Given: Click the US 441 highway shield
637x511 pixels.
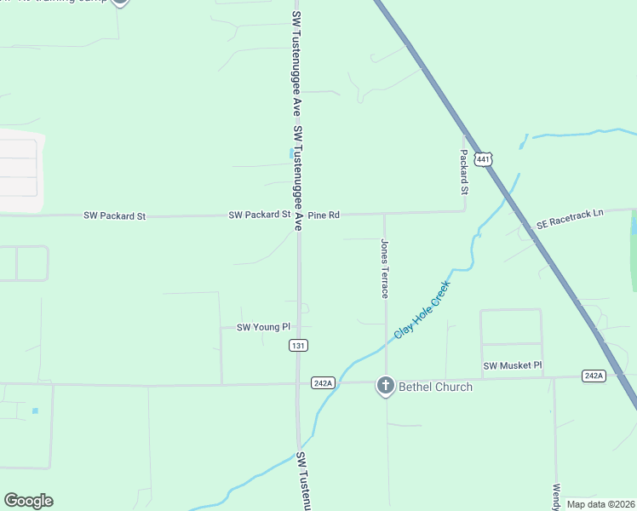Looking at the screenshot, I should coord(484,159).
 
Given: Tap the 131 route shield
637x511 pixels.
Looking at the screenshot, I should coord(298,345).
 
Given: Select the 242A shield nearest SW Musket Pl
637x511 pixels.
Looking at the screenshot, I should coord(594,376).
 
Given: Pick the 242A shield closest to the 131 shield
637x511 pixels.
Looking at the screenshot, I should coord(323,382).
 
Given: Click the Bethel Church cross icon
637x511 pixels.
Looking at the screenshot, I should coord(385,387).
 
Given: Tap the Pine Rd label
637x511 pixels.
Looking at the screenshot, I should coord(324,215).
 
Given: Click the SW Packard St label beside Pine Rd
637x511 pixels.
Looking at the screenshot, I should coord(260,215).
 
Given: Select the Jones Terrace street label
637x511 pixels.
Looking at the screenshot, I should coord(384,268).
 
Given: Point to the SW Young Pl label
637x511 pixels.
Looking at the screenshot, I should coord(263,327).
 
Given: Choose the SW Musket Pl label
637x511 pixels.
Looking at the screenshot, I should coord(513,365).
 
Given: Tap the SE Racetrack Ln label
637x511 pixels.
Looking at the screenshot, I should coord(570,219).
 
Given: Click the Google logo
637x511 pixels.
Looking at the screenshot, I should coord(28,501).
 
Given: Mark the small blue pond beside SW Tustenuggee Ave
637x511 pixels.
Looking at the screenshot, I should coord(291,153).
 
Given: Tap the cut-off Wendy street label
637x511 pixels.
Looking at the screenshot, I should coord(556,497).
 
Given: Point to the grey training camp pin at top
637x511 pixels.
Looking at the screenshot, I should coord(120,3).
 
